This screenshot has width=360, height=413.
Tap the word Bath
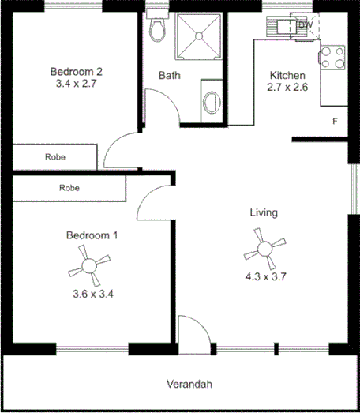coord(169,76)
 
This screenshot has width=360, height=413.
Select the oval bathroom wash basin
coord(210,102)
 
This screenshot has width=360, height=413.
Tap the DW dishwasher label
coord(305,25)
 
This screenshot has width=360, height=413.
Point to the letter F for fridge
coord(335,121)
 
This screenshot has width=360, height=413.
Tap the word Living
coord(263,212)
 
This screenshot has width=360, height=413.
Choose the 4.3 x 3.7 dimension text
coord(264,276)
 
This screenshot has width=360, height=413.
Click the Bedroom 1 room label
coord(92,235)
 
